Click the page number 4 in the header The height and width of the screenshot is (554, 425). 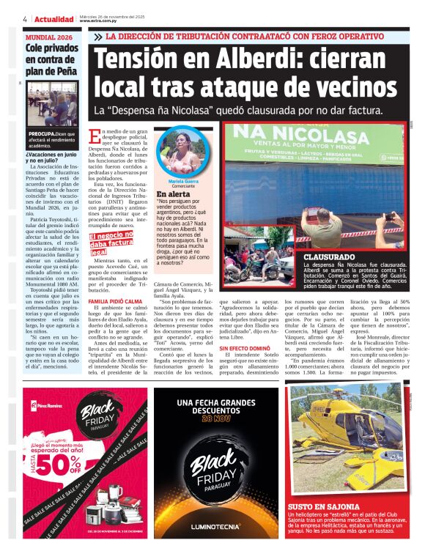(25, 19)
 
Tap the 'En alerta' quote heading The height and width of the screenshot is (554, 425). (174, 194)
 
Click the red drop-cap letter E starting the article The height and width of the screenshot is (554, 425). (94, 136)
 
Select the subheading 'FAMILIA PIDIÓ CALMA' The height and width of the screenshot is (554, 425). (114, 302)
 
